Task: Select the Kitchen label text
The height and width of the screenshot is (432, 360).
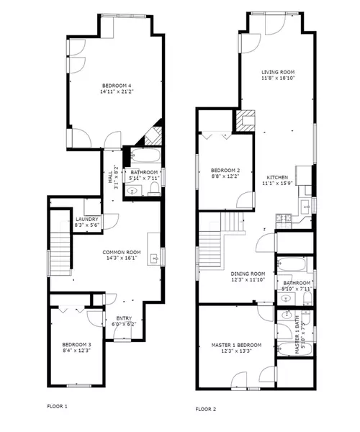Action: pyautogui.click(x=278, y=177)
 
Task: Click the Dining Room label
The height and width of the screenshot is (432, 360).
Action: pyautogui.click(x=248, y=274)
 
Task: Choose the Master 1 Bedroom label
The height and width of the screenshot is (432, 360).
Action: pyautogui.click(x=236, y=346)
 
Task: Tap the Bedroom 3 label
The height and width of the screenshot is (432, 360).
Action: pyautogui.click(x=76, y=345)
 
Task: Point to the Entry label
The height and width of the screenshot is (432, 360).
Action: pyautogui.click(x=117, y=318)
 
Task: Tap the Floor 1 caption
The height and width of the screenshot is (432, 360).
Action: pyautogui.click(x=57, y=406)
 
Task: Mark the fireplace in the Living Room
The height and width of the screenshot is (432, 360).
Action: pyautogui.click(x=247, y=120)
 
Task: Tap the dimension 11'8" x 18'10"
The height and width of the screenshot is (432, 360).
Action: pyautogui.click(x=278, y=78)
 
